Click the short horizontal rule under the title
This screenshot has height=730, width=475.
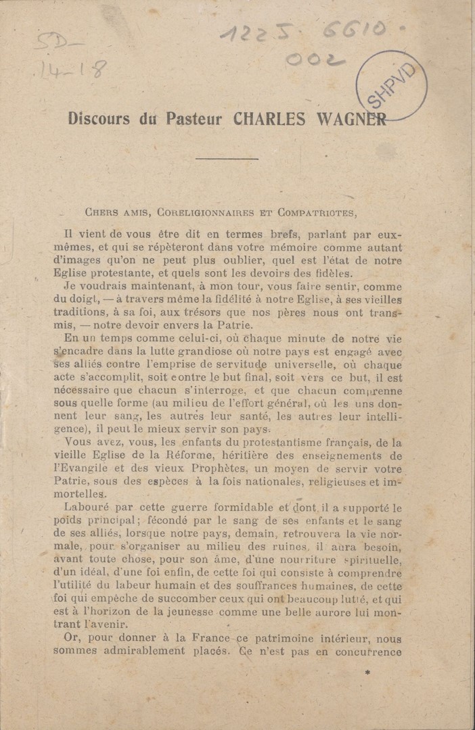(226, 159)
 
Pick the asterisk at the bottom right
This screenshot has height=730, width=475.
(367, 673)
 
